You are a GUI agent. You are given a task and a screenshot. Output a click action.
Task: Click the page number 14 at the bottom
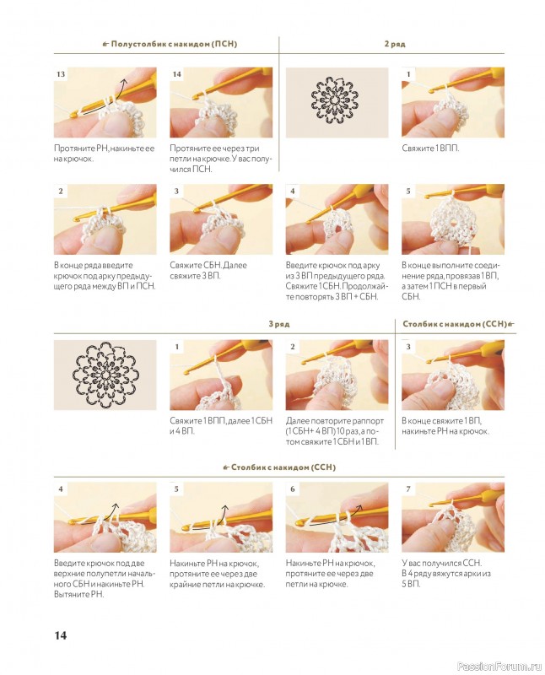point(60,635)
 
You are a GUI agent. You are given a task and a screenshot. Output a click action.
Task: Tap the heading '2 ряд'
point(395,44)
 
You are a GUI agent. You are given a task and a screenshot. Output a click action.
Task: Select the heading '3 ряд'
point(279,323)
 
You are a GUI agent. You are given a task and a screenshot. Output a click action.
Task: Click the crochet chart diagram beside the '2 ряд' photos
point(334,100)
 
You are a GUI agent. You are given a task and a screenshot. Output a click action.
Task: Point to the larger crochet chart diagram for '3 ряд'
point(105,374)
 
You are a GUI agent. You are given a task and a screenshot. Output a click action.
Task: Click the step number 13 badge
point(61,74)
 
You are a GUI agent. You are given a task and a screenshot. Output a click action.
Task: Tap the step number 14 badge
point(176,74)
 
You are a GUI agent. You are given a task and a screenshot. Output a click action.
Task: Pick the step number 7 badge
point(408,489)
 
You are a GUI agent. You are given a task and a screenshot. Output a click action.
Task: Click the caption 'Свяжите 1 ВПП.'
point(430,148)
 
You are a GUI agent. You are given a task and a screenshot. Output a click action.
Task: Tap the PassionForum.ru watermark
point(499,667)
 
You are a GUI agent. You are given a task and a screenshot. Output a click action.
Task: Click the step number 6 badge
point(293,489)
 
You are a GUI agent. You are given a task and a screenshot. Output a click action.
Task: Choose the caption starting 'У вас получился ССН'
point(446,574)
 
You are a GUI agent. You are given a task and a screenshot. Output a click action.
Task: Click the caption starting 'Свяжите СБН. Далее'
point(208,270)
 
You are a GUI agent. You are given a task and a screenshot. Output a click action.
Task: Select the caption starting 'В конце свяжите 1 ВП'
point(445,426)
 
